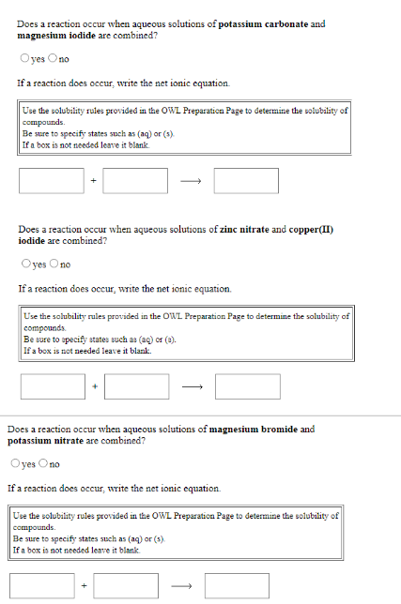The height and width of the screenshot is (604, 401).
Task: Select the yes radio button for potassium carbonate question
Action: click(23, 60)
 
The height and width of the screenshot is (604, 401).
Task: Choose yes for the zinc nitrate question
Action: click(23, 264)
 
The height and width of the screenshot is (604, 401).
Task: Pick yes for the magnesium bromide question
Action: click(13, 464)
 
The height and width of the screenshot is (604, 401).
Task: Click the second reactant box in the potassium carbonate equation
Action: click(135, 180)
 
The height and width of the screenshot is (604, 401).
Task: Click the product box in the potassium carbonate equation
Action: click(246, 180)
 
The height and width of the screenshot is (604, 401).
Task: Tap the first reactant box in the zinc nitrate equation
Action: click(53, 385)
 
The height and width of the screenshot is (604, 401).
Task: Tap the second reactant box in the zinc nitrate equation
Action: click(137, 385)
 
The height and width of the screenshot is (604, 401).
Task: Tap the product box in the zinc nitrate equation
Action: click(248, 385)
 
